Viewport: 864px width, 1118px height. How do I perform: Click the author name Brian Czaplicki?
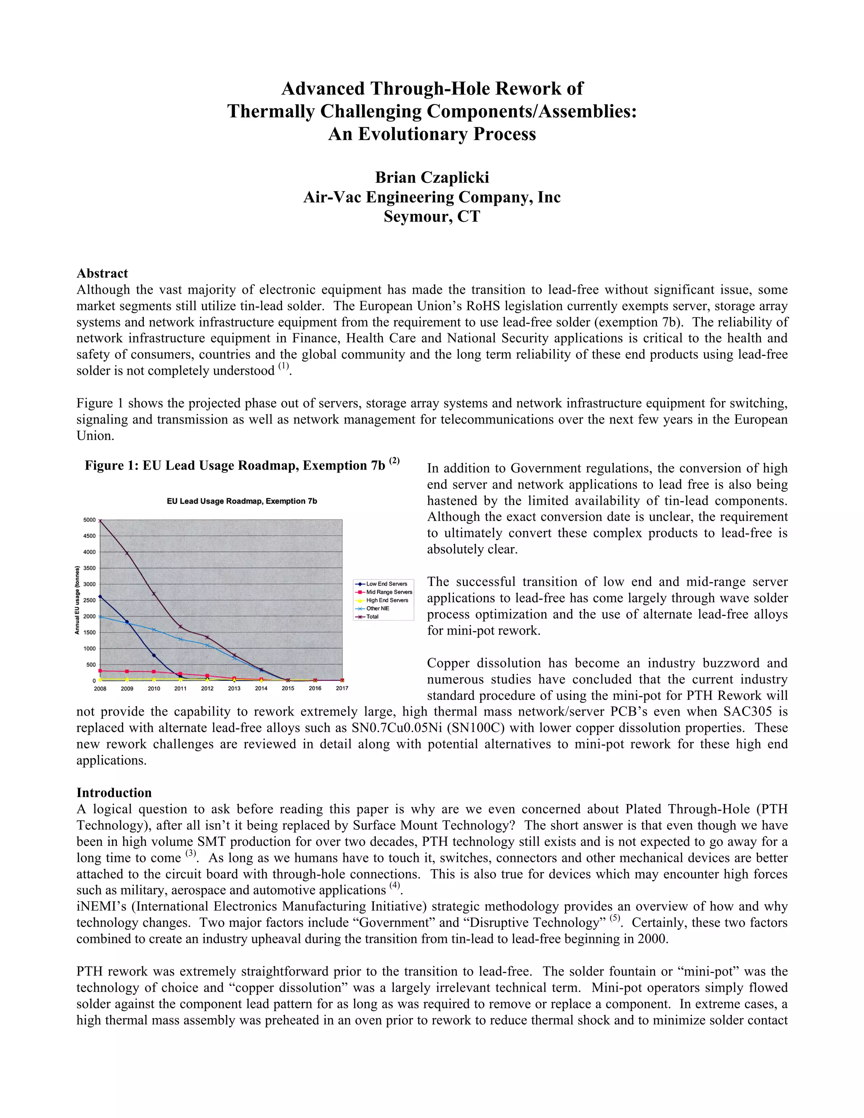(432, 177)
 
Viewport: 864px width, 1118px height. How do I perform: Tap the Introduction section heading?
(113, 792)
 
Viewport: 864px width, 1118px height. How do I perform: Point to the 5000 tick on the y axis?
(89, 520)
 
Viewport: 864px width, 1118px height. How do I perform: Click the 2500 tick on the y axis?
(89, 600)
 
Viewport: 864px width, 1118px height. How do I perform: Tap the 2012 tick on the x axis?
(207, 689)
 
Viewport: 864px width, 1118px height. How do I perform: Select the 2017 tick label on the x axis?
(342, 689)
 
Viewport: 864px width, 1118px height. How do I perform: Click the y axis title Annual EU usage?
(77, 600)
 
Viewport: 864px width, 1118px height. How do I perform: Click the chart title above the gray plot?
(242, 501)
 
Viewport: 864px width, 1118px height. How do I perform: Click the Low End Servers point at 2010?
(154, 655)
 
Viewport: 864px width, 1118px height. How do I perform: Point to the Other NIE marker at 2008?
(100, 616)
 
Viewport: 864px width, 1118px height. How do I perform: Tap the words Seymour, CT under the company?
(432, 216)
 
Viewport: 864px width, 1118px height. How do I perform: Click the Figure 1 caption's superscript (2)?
(394, 461)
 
